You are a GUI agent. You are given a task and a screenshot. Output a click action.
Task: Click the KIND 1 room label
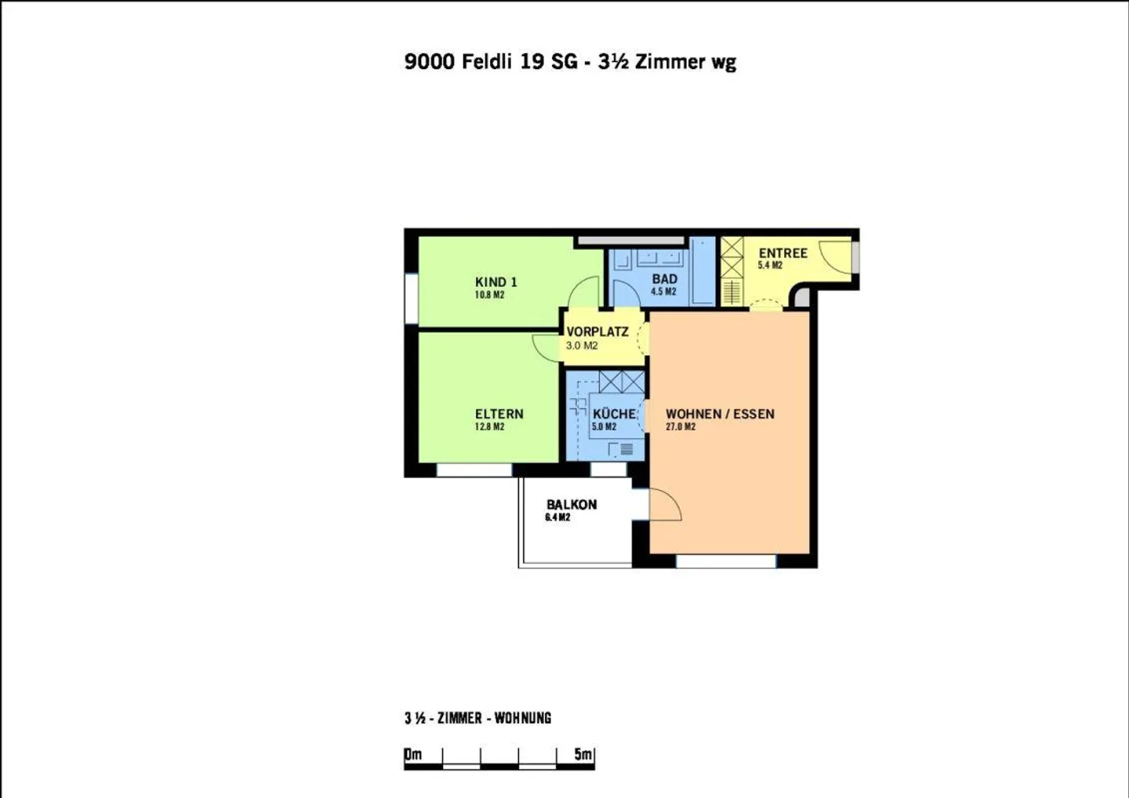496,282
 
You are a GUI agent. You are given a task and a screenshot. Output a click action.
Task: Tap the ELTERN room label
499,414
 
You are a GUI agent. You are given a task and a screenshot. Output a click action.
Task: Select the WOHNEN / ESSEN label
720,414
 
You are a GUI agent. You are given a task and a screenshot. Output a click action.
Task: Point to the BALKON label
572,505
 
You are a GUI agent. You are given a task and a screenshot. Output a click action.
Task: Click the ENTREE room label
782,253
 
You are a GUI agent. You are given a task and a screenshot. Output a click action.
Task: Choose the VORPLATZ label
597,332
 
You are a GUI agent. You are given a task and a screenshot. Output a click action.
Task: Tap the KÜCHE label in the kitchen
614,414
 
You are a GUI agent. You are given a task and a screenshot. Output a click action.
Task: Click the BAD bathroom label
664,279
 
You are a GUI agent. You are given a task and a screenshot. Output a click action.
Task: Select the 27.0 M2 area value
681,427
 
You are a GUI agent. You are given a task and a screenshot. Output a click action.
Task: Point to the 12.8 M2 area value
489,427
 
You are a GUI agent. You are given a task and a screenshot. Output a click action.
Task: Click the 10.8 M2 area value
489,296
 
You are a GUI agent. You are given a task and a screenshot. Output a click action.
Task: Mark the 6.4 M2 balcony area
557,518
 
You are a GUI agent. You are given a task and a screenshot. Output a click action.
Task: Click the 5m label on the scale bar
583,754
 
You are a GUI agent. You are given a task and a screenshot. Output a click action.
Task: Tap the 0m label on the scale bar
413,754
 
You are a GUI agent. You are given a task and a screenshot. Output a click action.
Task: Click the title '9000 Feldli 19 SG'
491,62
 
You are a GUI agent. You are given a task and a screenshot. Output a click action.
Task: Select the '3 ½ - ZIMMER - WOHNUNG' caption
477,718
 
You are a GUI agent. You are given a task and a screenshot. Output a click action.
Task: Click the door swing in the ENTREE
835,256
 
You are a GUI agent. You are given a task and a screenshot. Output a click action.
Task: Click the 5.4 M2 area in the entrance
770,266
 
